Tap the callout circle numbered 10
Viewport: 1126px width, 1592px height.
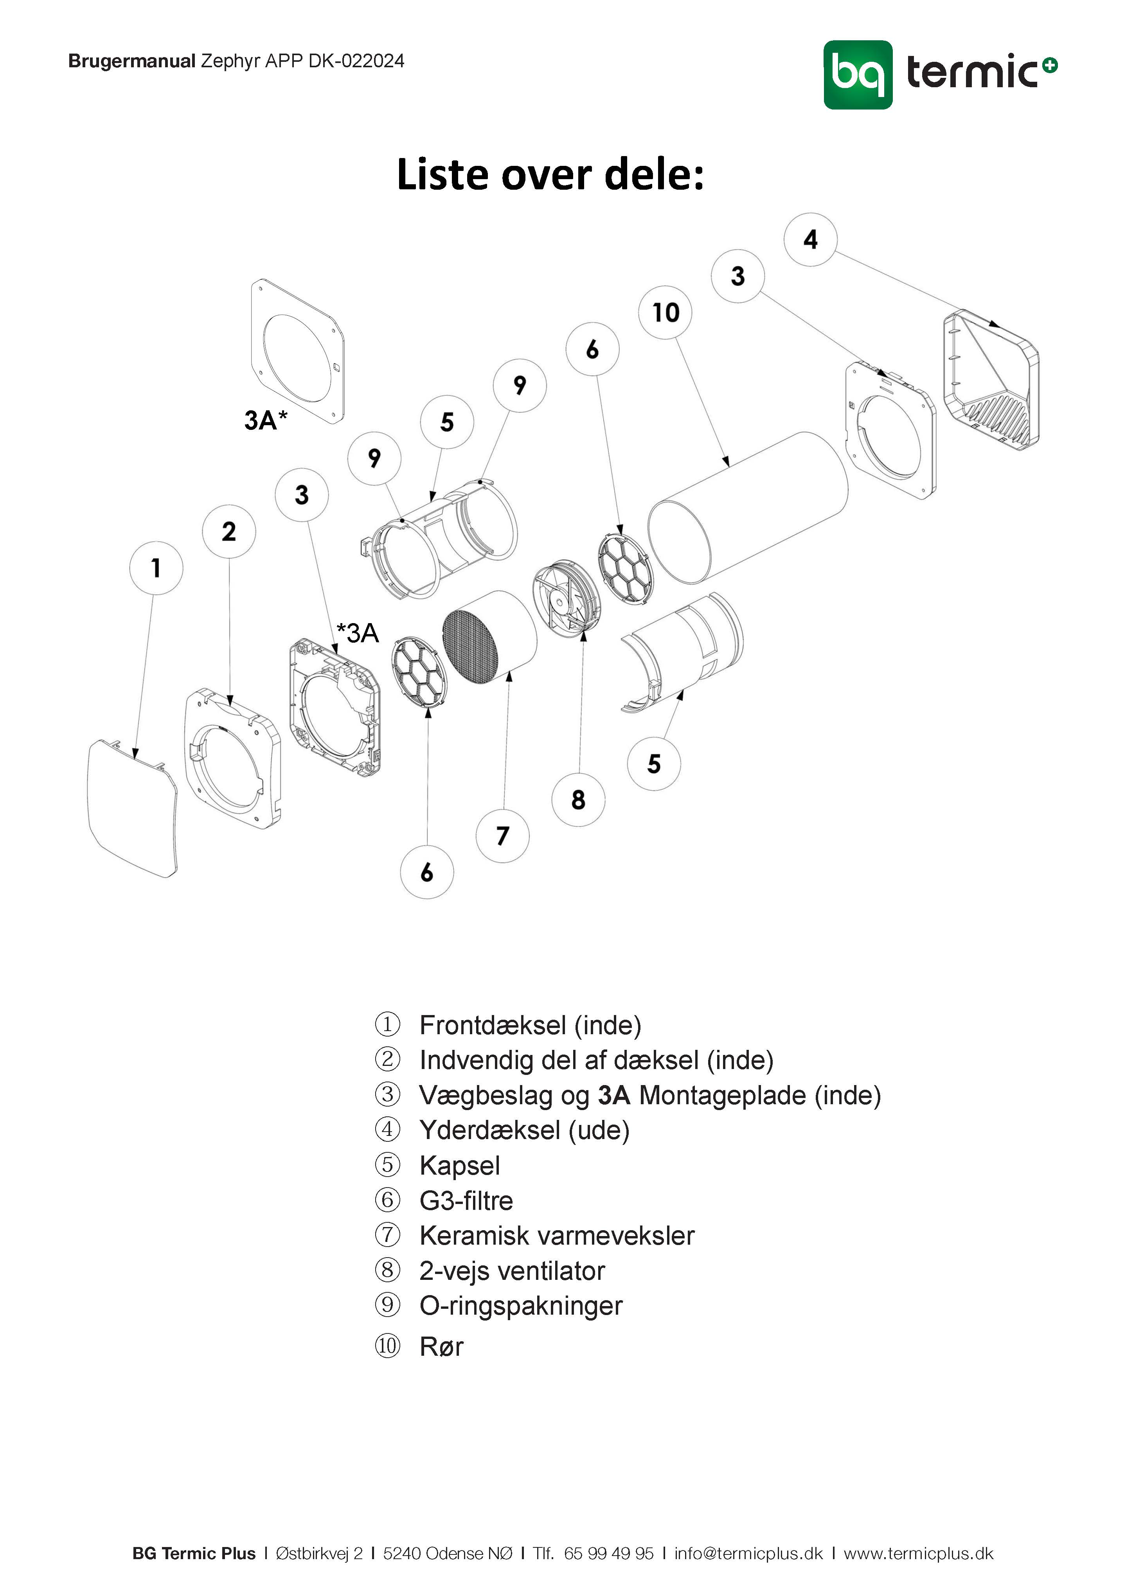click(x=665, y=313)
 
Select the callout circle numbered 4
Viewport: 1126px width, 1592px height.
click(x=810, y=240)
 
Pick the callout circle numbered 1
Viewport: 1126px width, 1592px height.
click(x=156, y=568)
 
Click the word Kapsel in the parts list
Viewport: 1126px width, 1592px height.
click(x=459, y=1166)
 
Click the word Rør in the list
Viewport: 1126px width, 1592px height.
click(x=441, y=1346)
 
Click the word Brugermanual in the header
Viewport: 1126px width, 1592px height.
click(x=132, y=62)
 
